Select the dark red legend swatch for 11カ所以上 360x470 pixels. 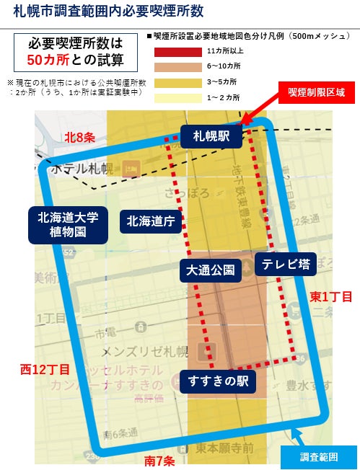(177, 51)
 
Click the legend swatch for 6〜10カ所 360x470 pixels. (177, 67)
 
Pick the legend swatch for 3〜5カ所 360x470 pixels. (177, 82)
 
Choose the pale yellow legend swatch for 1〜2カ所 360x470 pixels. (177, 97)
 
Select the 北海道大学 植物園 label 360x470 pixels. (68, 224)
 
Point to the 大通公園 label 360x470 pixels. (210, 270)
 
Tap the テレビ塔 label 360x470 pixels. (286, 264)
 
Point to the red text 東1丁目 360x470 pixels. (332, 296)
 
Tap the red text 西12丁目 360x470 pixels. (45, 370)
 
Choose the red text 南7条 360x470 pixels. (159, 459)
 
